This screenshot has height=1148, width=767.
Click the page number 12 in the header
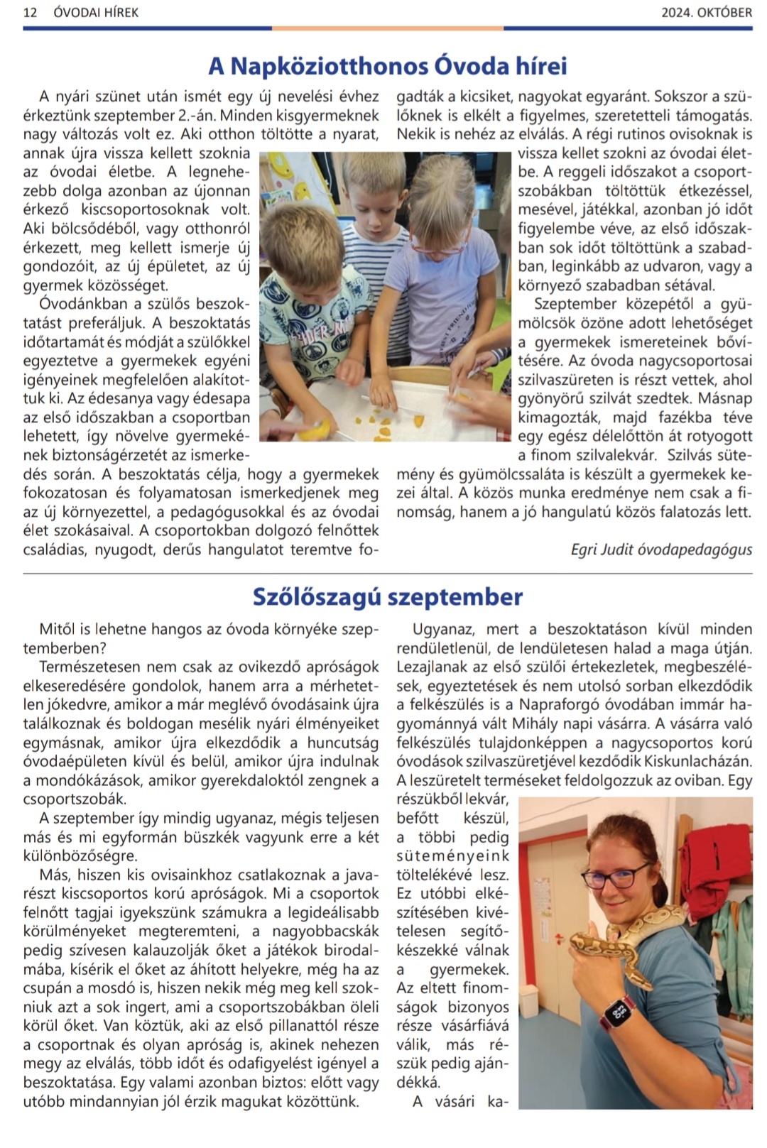point(30,12)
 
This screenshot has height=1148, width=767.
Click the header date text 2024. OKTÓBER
point(706,12)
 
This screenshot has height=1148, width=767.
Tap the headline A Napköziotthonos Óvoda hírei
point(387,66)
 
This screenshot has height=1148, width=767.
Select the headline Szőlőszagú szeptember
point(387,597)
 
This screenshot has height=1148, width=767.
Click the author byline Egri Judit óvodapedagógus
point(661,550)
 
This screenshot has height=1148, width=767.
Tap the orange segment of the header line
point(387,28)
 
